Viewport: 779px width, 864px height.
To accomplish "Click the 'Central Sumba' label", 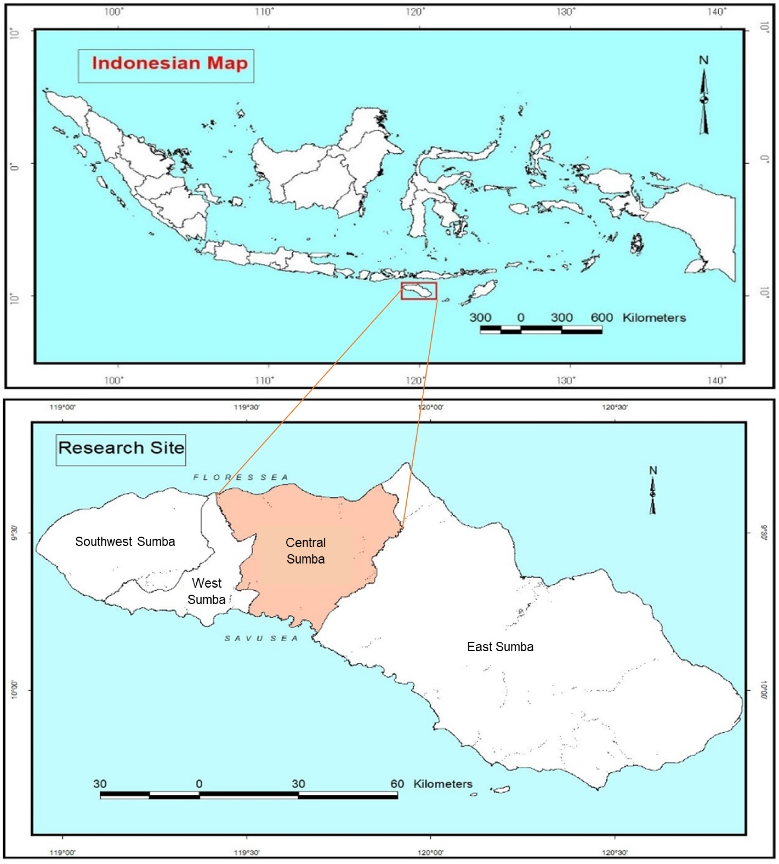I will coord(306,551).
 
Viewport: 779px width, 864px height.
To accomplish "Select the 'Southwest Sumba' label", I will coord(125,542).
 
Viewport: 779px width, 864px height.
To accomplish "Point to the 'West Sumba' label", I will coord(207,591).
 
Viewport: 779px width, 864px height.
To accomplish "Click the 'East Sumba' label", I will coord(500,647).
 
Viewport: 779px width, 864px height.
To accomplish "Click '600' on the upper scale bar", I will coord(601,318).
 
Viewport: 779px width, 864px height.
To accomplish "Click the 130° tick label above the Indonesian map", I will coord(566,12).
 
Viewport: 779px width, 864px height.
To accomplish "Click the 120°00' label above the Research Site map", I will coord(430,407).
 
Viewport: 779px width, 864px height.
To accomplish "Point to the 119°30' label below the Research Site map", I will coord(247,853).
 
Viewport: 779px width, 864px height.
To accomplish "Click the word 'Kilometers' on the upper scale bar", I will coord(654,318).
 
